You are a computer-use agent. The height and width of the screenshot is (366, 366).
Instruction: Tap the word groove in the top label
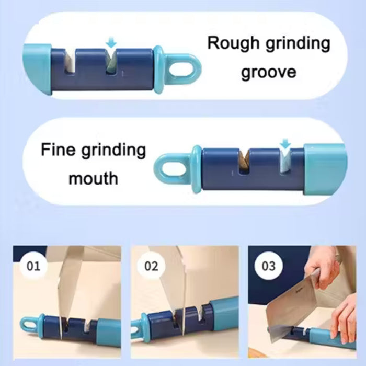(x=268, y=72)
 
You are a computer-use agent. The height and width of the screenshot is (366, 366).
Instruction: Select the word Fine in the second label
(x=60, y=151)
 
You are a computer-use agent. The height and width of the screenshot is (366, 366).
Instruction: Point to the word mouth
(x=94, y=179)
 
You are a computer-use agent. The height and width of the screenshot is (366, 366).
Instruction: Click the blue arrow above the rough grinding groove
(x=110, y=41)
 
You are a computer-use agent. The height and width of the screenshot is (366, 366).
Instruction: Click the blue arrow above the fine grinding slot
(x=285, y=143)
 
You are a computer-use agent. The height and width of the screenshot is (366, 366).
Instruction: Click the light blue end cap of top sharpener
(x=37, y=70)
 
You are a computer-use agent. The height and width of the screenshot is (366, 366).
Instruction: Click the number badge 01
(x=33, y=266)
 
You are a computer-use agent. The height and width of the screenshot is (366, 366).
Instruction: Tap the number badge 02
(x=151, y=266)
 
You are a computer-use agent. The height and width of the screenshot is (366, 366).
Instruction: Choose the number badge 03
(x=268, y=266)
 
